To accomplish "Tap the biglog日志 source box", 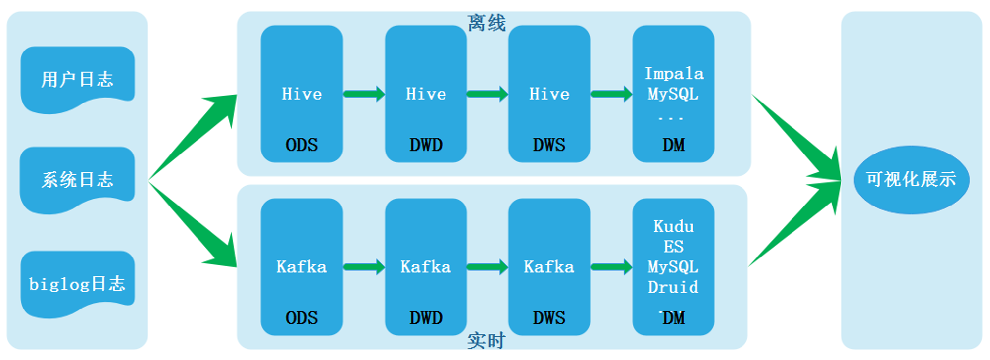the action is [78, 283].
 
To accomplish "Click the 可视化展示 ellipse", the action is [911, 180].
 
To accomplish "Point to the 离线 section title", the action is [487, 23].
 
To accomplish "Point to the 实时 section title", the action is [487, 341].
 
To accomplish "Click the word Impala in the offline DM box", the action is [674, 74].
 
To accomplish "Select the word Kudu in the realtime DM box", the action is [674, 226].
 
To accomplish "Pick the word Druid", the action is [673, 287].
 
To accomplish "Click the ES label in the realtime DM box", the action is [674, 246].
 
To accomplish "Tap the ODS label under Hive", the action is [301, 145].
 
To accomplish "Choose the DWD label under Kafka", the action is [426, 317].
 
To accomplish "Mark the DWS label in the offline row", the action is [549, 145].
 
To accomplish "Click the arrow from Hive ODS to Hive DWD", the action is [364, 94].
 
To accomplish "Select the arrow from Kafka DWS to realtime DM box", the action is [611, 267].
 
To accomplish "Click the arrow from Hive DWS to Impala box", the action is [611, 94].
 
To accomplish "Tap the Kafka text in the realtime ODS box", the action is [301, 267].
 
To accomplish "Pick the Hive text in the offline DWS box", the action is [549, 94].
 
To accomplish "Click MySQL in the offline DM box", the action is [673, 94].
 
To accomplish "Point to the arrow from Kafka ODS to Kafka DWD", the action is [364, 267].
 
